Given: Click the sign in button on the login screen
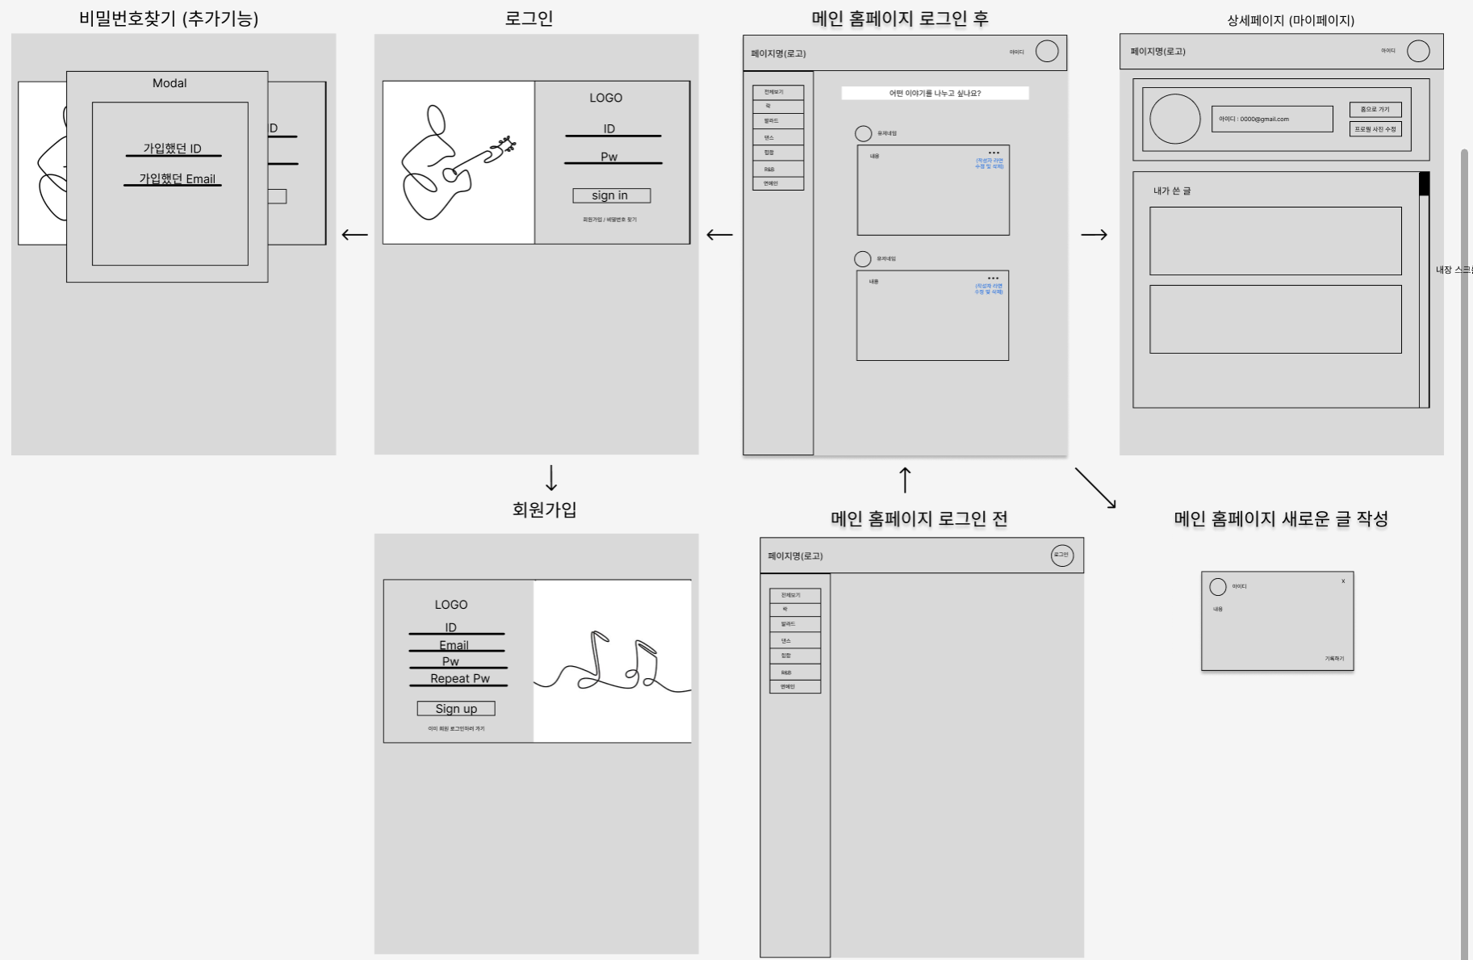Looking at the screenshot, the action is click(611, 195).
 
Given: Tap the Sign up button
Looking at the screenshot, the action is click(456, 708).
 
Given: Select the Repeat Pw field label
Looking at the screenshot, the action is click(459, 678).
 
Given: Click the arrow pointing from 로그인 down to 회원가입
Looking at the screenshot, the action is click(551, 478).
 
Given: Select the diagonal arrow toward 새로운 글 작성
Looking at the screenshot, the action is click(1095, 488).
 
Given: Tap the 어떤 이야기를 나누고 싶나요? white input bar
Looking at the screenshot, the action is click(935, 94).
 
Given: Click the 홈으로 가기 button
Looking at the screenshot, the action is click(1375, 110).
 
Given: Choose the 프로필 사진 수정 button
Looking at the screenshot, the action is click(1375, 129).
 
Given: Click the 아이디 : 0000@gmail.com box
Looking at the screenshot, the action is click(1271, 119).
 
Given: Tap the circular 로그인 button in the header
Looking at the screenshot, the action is click(1061, 555).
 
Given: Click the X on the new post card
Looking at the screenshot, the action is click(1343, 581).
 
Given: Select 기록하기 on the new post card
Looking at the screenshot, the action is click(1334, 659).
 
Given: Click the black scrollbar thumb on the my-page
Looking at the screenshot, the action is click(1424, 184).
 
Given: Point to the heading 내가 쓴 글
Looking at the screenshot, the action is click(1172, 191).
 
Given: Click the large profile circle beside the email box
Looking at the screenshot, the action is click(1174, 119).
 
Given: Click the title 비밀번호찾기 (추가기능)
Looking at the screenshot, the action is click(169, 19).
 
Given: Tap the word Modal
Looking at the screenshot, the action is click(169, 83).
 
